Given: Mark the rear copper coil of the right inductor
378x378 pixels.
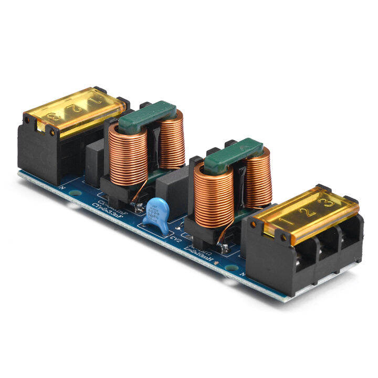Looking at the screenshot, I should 257,176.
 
